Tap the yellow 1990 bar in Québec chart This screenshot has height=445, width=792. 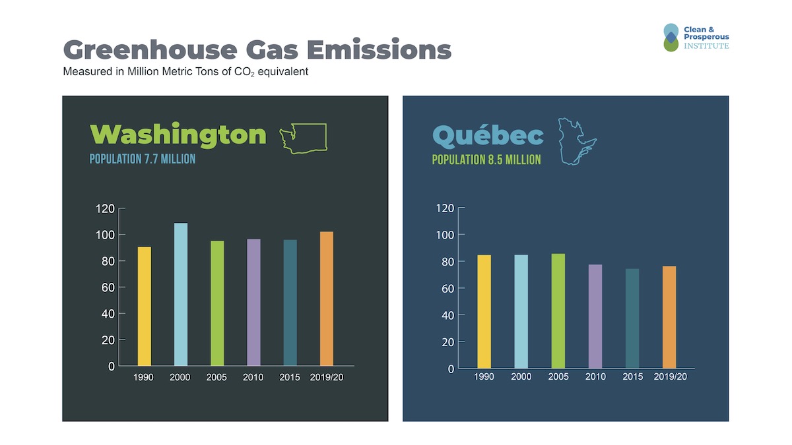[x=484, y=311]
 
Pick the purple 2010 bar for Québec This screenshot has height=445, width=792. [x=595, y=316]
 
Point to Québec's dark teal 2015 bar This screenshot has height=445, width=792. [x=632, y=318]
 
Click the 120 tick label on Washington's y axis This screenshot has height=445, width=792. [x=106, y=209]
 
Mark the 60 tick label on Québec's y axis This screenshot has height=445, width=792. [x=446, y=289]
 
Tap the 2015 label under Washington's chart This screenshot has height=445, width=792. [x=290, y=378]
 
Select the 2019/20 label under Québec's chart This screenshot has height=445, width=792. [x=670, y=377]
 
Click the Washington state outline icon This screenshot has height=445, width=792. [x=303, y=138]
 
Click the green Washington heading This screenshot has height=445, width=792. [x=178, y=134]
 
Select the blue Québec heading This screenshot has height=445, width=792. [x=488, y=136]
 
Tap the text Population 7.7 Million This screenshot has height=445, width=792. [x=143, y=159]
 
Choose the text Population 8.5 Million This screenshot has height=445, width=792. [x=486, y=160]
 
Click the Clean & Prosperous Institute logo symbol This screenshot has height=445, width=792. [x=671, y=38]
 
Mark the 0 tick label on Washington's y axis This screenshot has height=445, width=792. [x=112, y=367]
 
